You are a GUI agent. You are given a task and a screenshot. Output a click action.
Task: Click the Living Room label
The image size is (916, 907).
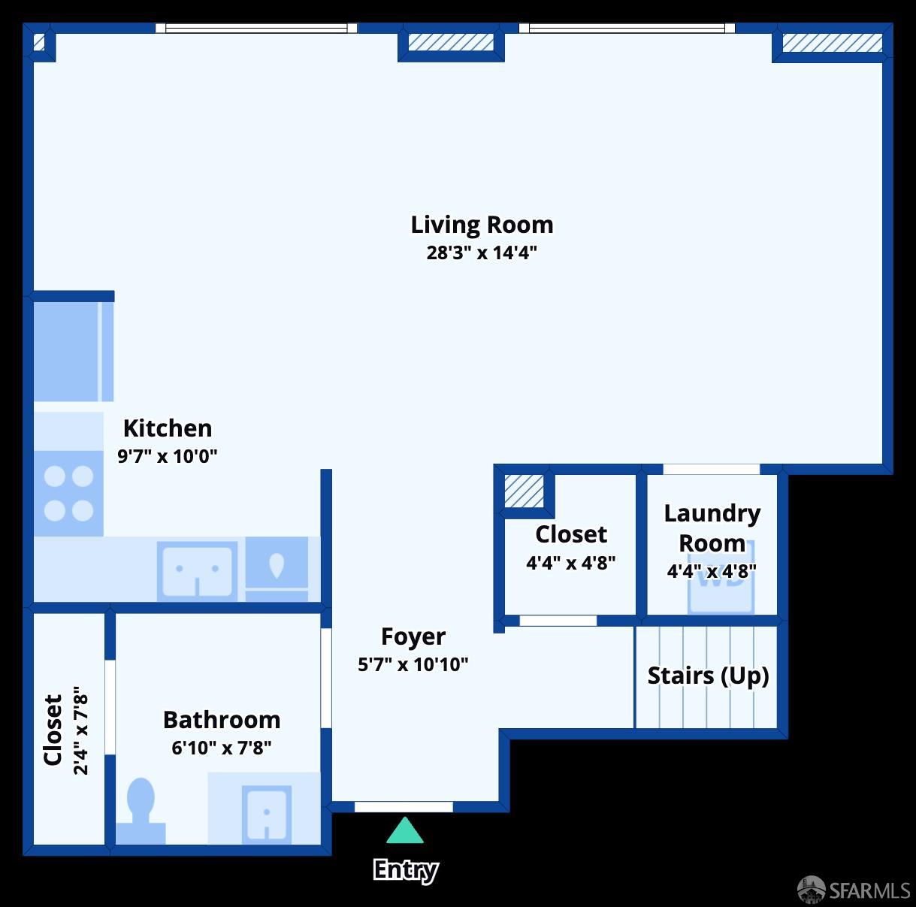point(482,225)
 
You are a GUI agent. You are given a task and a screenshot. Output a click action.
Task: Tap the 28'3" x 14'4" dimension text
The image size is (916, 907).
point(482,252)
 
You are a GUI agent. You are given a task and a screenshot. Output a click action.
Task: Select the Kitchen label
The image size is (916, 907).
point(168,428)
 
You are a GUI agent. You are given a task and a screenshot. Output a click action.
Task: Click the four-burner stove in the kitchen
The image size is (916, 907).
point(68,494)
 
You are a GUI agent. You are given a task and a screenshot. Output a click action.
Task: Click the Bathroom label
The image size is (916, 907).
point(222,720)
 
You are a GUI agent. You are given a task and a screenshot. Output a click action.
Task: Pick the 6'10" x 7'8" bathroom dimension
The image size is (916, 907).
point(222,748)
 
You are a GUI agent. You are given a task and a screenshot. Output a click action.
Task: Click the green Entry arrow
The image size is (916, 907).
point(405,831)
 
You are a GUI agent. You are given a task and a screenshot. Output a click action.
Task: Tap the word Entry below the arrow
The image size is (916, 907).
point(405,869)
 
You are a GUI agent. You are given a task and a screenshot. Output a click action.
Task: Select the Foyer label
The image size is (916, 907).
point(413,636)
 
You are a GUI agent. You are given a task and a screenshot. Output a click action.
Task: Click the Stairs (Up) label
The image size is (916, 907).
point(708,676)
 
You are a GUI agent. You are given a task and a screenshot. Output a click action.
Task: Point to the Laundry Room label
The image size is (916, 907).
point(712,528)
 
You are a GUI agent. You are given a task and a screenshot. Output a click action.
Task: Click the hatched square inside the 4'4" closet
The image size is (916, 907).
point(524,491)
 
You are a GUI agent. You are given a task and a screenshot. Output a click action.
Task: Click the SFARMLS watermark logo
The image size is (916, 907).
point(854,890)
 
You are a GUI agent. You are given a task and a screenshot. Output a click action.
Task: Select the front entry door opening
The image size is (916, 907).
point(404,807)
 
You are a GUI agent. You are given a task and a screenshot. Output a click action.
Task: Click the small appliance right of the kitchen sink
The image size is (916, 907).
point(277,569)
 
